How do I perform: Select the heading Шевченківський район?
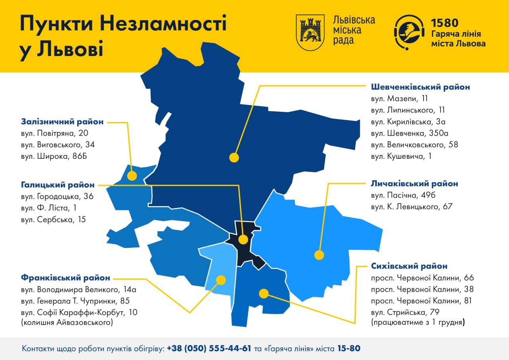pos(420,87)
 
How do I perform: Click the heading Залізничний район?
pos(62,121)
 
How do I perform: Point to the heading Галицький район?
pos(58,185)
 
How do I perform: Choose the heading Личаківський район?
pos(414,184)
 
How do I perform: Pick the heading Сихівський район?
pos(409,266)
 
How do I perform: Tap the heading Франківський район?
pos(65,278)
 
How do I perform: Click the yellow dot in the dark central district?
pos(243,239)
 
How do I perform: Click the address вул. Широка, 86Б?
pos(54,156)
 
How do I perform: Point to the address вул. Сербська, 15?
pos(53,219)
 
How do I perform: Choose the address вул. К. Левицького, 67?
pos(412,206)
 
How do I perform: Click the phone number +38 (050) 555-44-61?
pos(209,349)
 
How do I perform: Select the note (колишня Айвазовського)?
pos(66,323)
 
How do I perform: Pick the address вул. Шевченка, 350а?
pos(410,133)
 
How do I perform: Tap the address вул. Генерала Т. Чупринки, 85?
pos(75,301)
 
